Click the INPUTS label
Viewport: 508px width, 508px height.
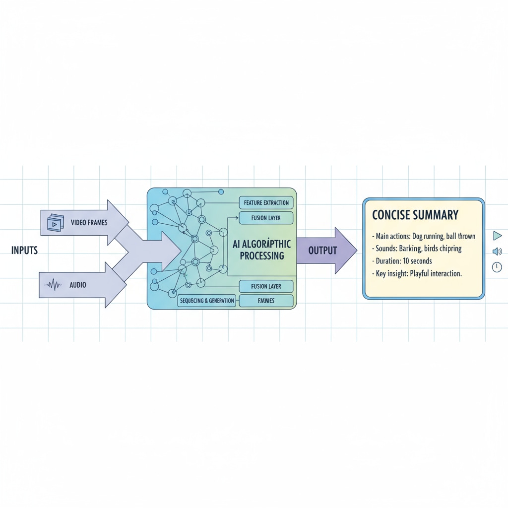pyautogui.click(x=24, y=251)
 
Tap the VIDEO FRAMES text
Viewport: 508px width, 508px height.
pyautogui.click(x=89, y=223)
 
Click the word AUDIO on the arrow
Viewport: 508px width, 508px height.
pyautogui.click(x=78, y=285)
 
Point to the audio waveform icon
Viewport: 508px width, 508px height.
pyautogui.click(x=54, y=285)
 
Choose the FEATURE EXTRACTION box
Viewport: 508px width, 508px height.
pyautogui.click(x=266, y=203)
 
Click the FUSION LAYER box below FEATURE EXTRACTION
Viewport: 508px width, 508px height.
pyautogui.click(x=266, y=218)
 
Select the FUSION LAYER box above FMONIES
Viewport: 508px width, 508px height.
pyautogui.click(x=266, y=286)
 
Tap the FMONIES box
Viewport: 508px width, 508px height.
pyautogui.click(x=266, y=301)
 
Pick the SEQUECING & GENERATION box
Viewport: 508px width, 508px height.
pyautogui.click(x=207, y=301)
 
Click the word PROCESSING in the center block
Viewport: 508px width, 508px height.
pyautogui.click(x=261, y=256)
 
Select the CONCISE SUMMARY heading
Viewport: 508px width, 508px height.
pyautogui.click(x=415, y=215)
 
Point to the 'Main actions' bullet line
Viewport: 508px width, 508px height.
pyautogui.click(x=423, y=236)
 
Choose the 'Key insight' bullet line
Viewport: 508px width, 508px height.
pyautogui.click(x=417, y=273)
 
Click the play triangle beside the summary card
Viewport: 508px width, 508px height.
pyautogui.click(x=497, y=236)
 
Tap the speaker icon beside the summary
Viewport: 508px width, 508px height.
pyautogui.click(x=497, y=252)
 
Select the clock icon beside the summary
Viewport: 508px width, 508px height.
pyautogui.click(x=497, y=267)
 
